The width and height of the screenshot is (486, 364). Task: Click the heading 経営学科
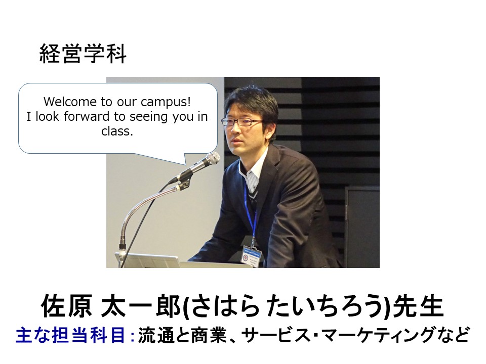pyautogui.click(x=83, y=54)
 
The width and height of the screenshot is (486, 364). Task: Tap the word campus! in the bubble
pyautogui.click(x=166, y=102)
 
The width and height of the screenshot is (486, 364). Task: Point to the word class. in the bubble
pyautogui.click(x=117, y=131)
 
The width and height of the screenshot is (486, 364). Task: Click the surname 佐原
pyautogui.click(x=66, y=306)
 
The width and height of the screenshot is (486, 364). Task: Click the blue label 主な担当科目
pyautogui.click(x=70, y=335)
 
